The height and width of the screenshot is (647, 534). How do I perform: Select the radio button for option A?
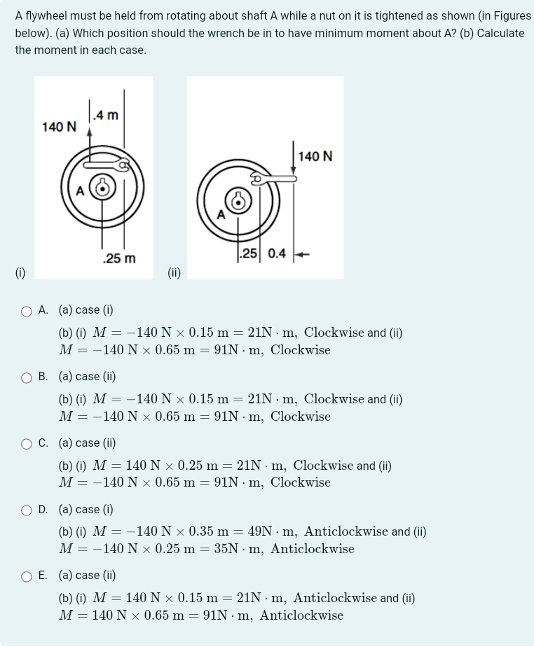(27, 310)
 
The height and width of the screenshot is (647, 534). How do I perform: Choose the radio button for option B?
(27, 377)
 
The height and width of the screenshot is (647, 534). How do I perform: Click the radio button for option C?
(27, 443)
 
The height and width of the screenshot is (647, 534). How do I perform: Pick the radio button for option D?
(27, 510)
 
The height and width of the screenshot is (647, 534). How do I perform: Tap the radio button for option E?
(27, 576)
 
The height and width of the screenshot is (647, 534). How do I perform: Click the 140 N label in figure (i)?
(60, 127)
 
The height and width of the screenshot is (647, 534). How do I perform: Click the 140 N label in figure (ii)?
(315, 155)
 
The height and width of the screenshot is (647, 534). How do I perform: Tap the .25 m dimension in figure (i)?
(119, 259)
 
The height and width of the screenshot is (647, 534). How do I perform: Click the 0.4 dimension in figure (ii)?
(277, 253)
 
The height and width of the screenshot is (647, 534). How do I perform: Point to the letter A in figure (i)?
(80, 190)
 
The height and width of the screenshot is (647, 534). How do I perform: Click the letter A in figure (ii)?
(221, 215)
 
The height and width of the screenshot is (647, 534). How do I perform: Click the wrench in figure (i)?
(105, 165)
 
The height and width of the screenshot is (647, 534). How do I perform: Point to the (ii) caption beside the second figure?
(174, 272)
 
